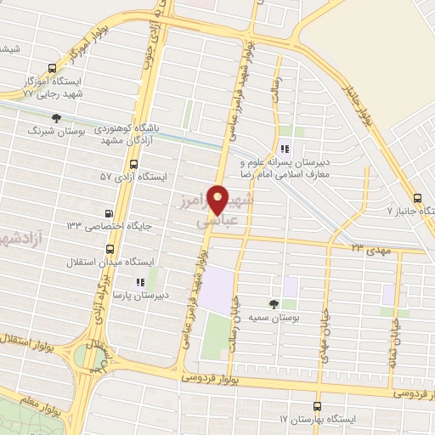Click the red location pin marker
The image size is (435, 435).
click(218, 200)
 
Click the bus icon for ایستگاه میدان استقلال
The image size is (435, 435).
click(110, 250)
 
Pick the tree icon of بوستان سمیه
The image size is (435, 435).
click(274, 303)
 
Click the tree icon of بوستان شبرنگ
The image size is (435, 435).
click(56, 119)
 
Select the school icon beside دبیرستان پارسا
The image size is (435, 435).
click(141, 282)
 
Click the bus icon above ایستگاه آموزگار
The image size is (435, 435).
click(53, 69)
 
